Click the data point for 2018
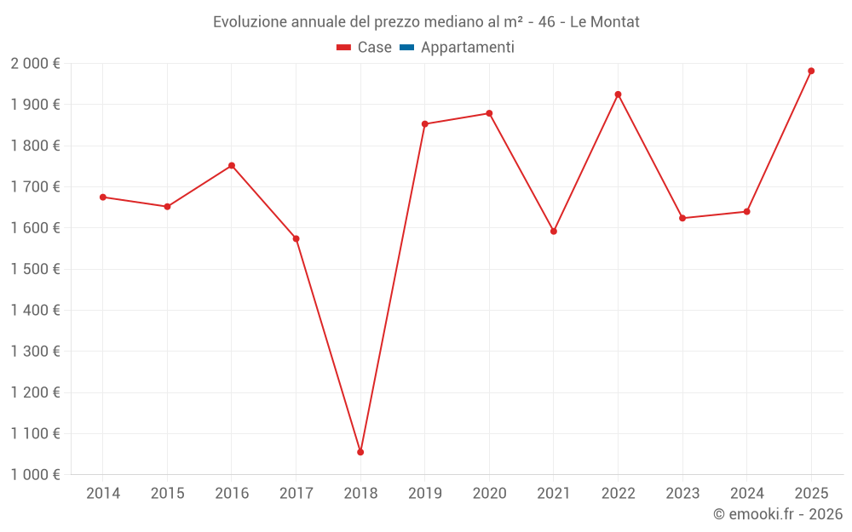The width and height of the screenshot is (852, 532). click(x=360, y=452)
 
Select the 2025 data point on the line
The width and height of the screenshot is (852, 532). click(x=811, y=71)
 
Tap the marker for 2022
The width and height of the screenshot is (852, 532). click(x=618, y=94)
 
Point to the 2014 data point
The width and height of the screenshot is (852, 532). click(x=103, y=197)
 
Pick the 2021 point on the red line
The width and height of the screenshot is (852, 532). click(x=554, y=232)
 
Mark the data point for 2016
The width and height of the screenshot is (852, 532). click(x=232, y=165)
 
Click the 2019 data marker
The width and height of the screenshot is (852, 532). click(x=425, y=124)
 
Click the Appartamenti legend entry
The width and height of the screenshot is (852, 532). click(x=467, y=48)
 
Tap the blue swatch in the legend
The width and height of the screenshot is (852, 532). click(x=406, y=48)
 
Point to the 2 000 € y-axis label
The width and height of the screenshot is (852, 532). click(x=36, y=64)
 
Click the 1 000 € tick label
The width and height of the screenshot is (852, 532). click(x=36, y=475)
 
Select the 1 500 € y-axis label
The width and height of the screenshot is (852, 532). click(x=36, y=269)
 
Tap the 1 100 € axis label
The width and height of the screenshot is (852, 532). click(x=36, y=434)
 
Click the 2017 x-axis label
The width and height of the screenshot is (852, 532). click(x=296, y=494)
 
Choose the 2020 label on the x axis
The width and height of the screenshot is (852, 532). click(x=489, y=494)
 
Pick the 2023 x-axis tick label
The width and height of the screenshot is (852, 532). click(x=682, y=494)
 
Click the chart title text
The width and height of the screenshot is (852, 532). click(x=426, y=22)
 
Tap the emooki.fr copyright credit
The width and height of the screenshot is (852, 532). click(x=778, y=514)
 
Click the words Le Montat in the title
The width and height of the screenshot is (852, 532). click(x=604, y=22)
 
